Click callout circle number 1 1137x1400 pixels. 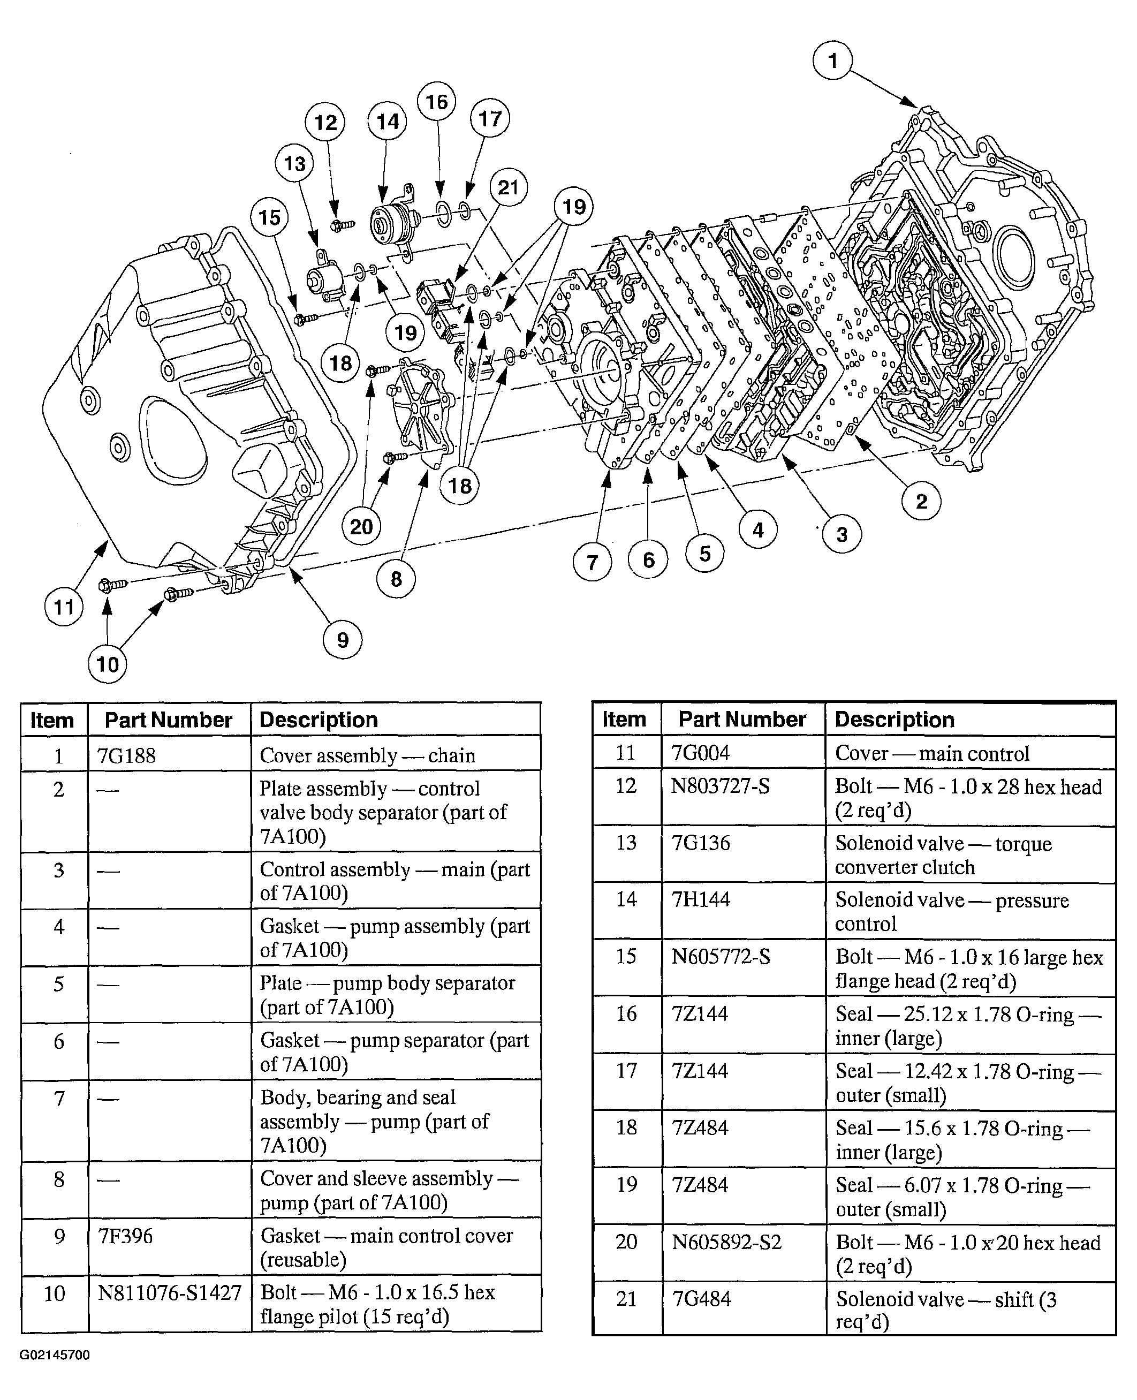tap(832, 60)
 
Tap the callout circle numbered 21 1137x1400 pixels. tap(508, 187)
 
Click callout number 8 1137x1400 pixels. tap(396, 579)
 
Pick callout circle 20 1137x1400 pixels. tap(361, 526)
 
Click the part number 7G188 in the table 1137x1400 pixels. tap(126, 755)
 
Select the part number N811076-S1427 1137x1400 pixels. tap(170, 1292)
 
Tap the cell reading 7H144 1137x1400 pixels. tap(700, 899)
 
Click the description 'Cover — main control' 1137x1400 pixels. tap(932, 753)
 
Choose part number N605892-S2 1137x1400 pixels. tap(726, 1242)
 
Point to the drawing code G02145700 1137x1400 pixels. tap(55, 1355)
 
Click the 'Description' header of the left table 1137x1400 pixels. tap(319, 720)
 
